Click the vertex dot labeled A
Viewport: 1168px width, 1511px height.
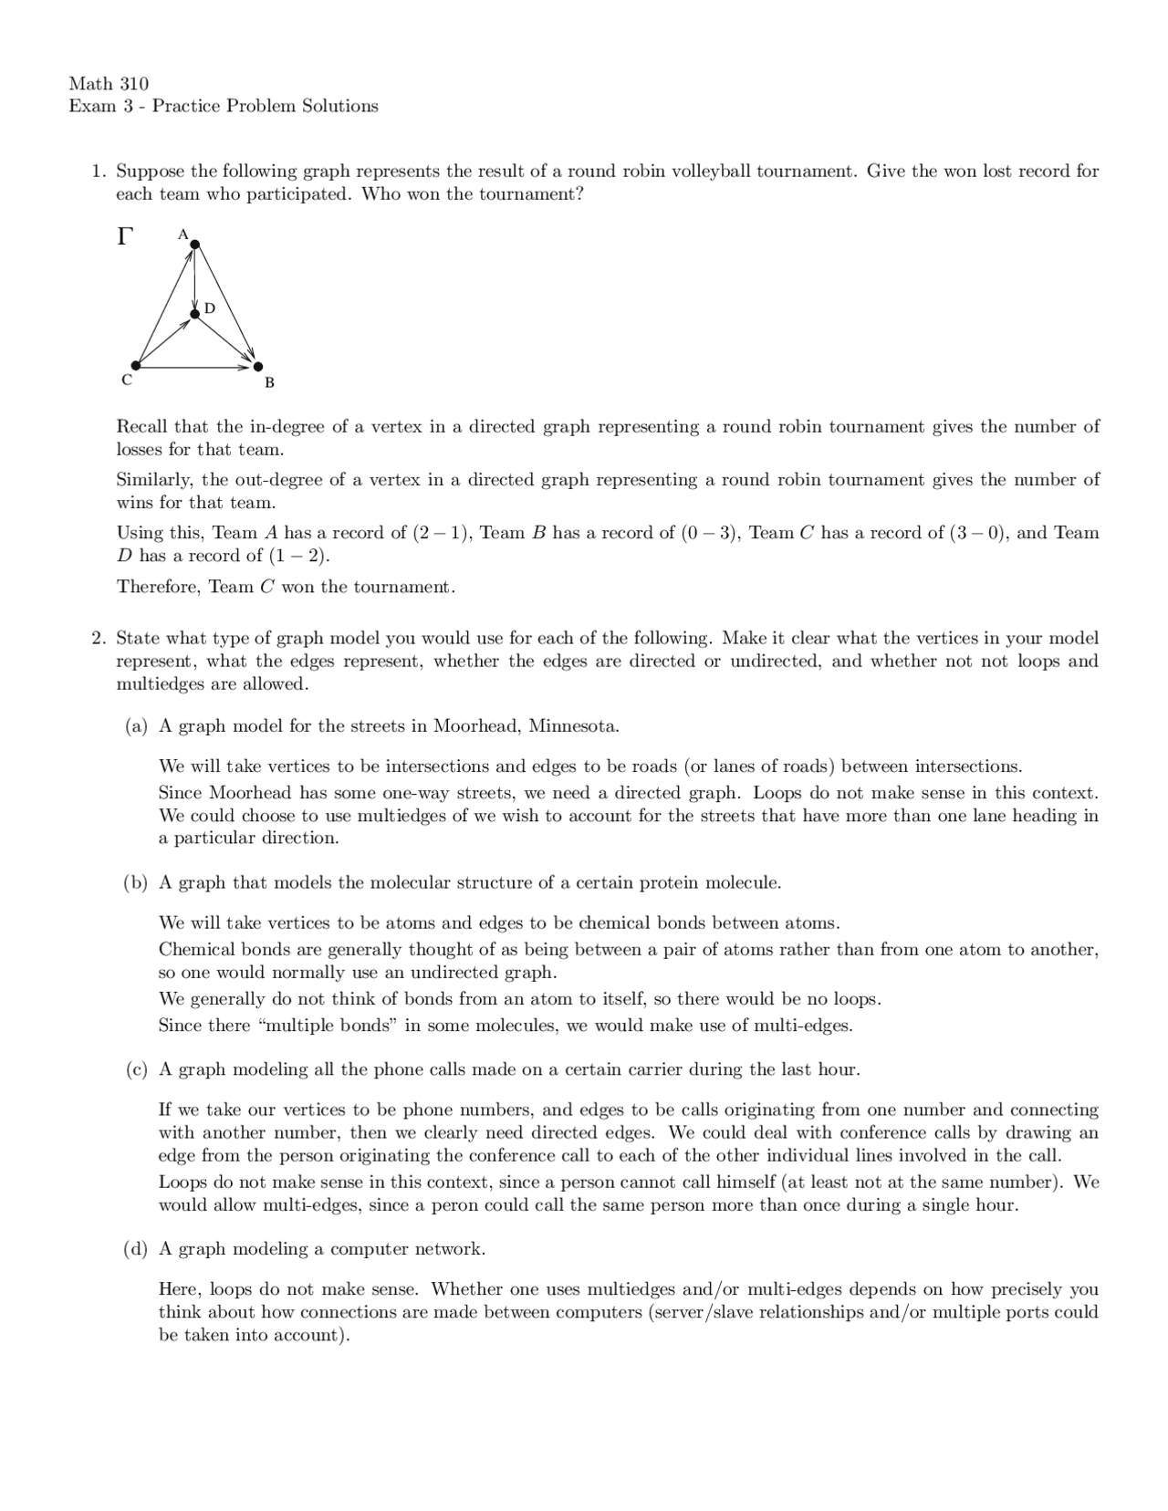point(194,244)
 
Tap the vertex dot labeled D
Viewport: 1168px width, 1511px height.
point(194,315)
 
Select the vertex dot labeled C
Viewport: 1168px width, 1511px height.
point(136,366)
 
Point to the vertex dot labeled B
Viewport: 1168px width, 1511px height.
point(257,367)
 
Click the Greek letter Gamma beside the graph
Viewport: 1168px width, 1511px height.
point(125,237)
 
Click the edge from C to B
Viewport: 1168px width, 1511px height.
point(196,367)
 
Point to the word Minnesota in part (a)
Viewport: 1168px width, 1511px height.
point(574,726)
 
